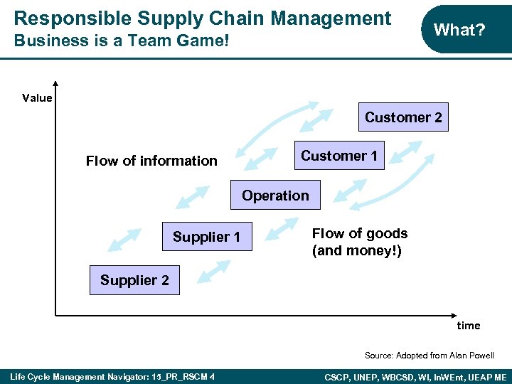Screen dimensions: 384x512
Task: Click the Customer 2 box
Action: [403, 117]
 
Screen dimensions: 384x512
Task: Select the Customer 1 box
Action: [339, 156]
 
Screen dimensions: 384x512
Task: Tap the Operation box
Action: [275, 196]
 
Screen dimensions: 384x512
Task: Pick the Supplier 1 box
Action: [206, 237]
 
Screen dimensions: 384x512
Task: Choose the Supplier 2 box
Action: [134, 280]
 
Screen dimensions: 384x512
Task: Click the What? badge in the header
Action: [459, 29]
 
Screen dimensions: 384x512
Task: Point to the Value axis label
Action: [37, 98]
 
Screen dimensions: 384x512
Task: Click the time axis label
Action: [468, 326]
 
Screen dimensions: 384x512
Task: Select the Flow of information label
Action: [151, 161]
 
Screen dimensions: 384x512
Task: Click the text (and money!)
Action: [357, 250]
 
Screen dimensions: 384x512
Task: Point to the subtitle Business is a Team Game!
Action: [122, 41]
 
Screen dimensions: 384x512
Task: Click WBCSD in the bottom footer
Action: [412, 375]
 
